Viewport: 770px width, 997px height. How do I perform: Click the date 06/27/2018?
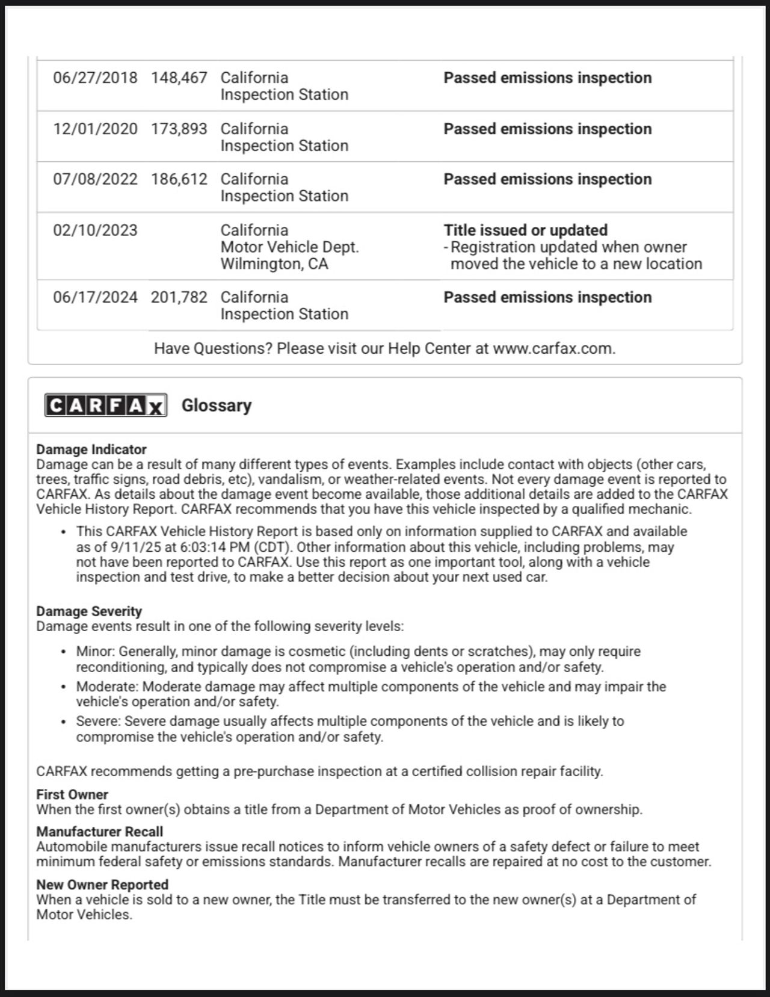pos(95,78)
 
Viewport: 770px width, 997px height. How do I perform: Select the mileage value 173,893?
pos(179,129)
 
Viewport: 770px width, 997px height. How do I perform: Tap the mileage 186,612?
pos(179,179)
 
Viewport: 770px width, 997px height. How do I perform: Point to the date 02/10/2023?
pos(95,230)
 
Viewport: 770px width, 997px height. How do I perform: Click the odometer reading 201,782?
pos(179,297)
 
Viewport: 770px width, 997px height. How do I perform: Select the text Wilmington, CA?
pos(274,264)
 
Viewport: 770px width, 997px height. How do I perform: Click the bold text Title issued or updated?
pos(525,230)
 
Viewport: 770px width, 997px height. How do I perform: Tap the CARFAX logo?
pos(106,406)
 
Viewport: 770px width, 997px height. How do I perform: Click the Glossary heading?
pos(217,406)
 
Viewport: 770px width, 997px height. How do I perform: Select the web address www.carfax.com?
pos(553,348)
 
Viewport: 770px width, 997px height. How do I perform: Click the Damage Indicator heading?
pos(91,449)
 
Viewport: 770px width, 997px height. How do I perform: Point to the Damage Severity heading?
pos(89,611)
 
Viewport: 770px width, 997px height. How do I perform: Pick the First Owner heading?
pos(72,794)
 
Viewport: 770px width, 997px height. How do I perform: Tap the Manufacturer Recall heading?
pos(99,832)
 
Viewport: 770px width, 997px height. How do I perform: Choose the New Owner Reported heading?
pos(102,884)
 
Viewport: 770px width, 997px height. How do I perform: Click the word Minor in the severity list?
pos(95,652)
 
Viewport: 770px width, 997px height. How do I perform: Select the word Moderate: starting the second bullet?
pos(107,687)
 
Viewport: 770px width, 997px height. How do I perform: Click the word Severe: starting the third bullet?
pos(98,721)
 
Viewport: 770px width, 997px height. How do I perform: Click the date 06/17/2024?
pos(95,297)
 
